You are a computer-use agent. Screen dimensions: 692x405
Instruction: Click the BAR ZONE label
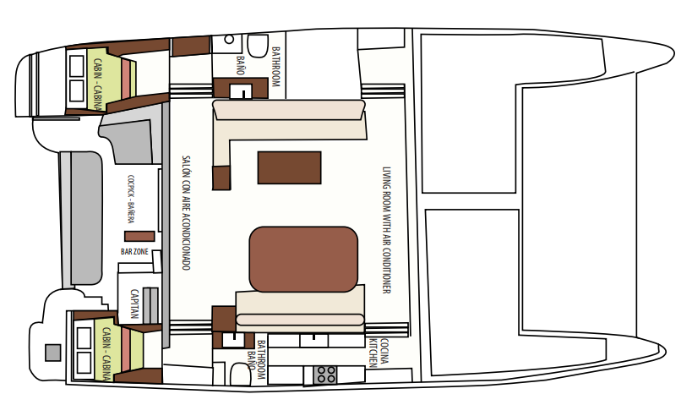click(x=134, y=252)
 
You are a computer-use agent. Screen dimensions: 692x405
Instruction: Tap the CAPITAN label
click(x=134, y=304)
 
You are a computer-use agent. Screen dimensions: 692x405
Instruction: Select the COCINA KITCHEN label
click(x=379, y=353)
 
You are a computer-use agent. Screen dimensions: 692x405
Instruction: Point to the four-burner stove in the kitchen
click(x=325, y=375)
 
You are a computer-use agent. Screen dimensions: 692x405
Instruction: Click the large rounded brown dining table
click(x=303, y=260)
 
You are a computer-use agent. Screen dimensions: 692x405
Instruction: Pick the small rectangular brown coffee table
click(x=290, y=167)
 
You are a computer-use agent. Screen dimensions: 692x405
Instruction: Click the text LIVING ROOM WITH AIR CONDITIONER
click(x=387, y=230)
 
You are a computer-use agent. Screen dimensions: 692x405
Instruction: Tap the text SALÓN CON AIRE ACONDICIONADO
click(x=186, y=212)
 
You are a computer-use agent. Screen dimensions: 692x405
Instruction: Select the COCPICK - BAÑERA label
click(x=131, y=199)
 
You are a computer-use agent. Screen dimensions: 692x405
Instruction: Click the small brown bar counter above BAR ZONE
click(x=139, y=236)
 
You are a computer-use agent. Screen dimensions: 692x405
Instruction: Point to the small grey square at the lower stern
click(x=53, y=353)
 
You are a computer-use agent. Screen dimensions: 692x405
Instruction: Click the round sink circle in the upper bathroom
click(x=229, y=39)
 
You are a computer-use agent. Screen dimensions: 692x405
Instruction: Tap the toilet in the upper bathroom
click(x=258, y=46)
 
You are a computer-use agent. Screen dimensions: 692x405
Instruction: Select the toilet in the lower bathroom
click(x=240, y=374)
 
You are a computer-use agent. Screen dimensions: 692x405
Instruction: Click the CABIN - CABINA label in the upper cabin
click(x=97, y=85)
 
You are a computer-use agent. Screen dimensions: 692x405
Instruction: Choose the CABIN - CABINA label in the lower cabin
click(x=106, y=353)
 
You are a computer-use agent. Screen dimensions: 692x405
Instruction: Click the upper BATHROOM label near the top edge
click(x=275, y=67)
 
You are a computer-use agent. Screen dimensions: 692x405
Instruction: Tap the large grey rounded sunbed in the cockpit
click(x=86, y=218)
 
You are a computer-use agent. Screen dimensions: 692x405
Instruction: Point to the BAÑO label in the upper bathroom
click(x=241, y=65)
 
